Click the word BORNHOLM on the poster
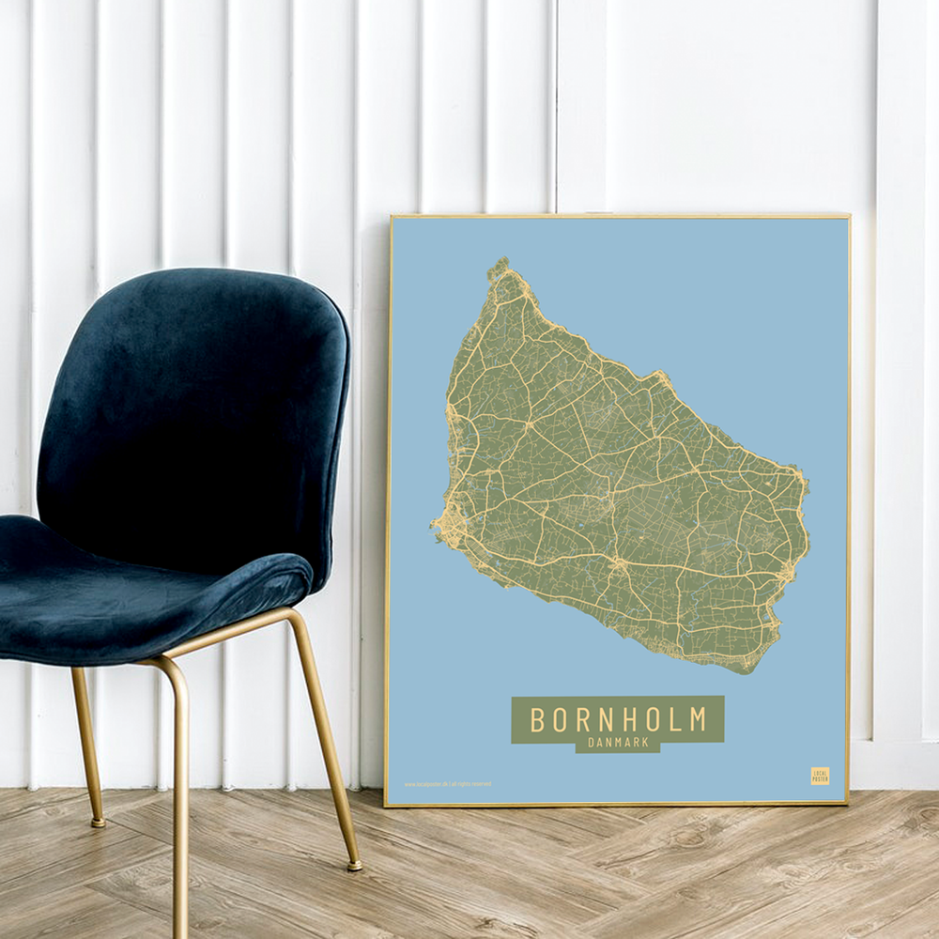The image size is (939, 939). pos(618,719)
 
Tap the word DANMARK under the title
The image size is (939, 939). pos(618,743)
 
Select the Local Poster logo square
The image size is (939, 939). pos(820,776)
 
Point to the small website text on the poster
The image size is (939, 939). pos(447,784)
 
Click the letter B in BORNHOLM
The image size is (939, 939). pos(537,719)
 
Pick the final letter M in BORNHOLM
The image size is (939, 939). pos(698,719)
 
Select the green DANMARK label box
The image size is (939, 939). pos(618,744)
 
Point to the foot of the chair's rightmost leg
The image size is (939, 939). pos(354,865)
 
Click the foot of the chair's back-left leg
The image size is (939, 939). pos(98,823)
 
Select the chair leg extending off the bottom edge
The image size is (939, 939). pos(179,901)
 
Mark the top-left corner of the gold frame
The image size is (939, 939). pos(391,217)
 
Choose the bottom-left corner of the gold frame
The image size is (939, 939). pos(386,804)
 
